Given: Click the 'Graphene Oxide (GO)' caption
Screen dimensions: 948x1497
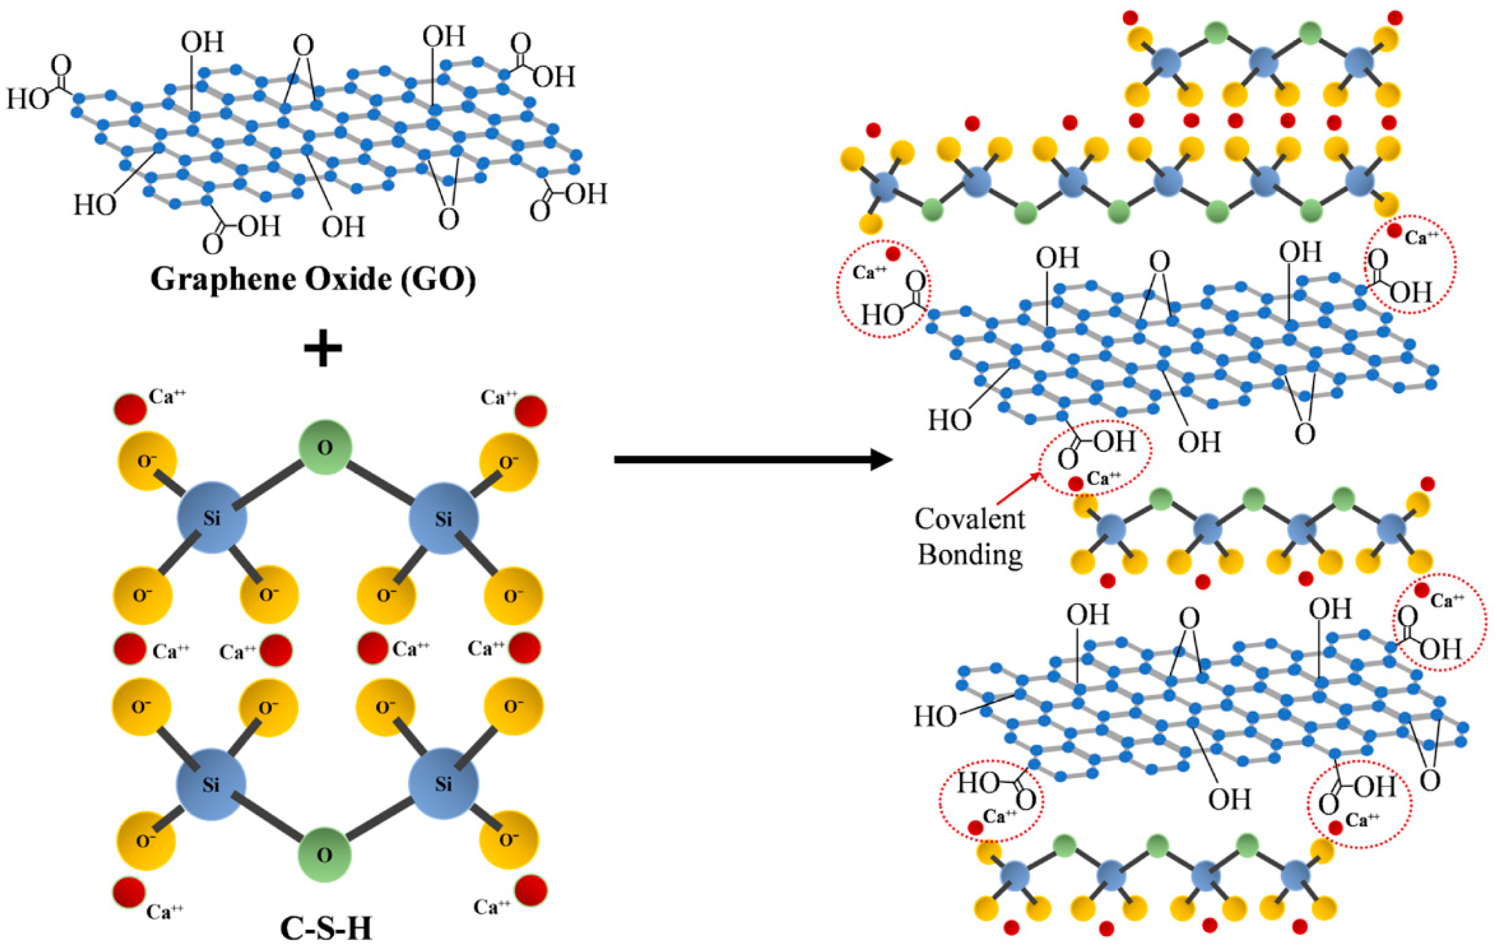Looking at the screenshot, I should click(x=313, y=279).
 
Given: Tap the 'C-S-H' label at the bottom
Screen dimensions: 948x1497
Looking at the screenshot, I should click(x=326, y=929).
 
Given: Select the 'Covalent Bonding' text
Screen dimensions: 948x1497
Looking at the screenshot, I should click(x=970, y=536).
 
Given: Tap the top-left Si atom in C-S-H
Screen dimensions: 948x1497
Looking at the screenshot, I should click(x=212, y=518).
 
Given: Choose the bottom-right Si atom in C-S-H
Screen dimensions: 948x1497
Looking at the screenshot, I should click(x=443, y=784).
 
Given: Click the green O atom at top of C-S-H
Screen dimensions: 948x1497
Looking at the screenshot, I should click(x=325, y=447).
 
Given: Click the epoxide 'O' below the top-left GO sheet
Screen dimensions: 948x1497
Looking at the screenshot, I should click(x=448, y=219).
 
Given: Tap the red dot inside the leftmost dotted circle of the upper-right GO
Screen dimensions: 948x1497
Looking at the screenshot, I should click(x=893, y=254).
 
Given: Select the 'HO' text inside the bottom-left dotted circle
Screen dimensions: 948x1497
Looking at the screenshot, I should click(x=978, y=783).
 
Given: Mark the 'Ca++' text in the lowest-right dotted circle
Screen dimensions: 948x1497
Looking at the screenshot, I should click(x=1362, y=820).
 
